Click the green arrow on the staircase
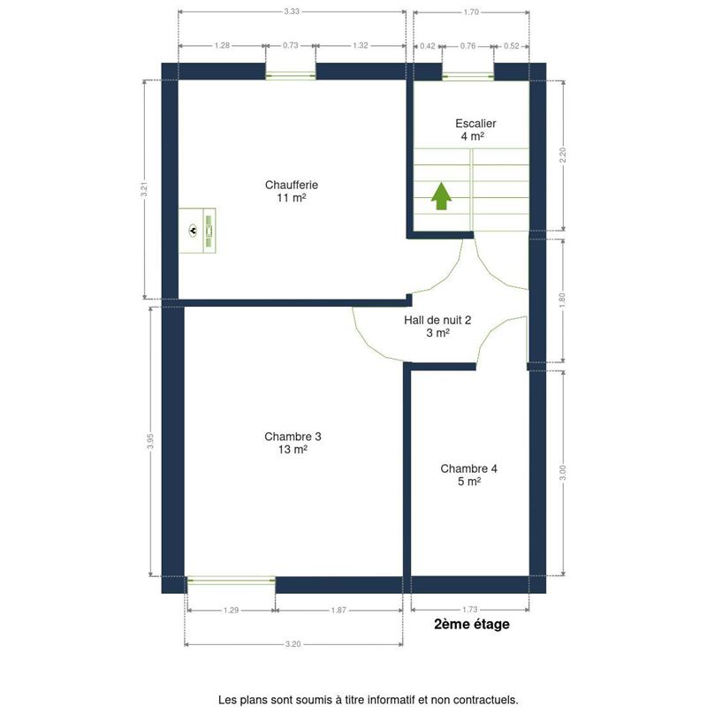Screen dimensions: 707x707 pos(441,195)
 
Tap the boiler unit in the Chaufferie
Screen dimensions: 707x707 pos(197,231)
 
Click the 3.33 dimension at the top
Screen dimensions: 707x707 pos(292,11)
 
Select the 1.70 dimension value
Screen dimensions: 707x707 pos(471,11)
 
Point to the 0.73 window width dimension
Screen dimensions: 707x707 pos(291,45)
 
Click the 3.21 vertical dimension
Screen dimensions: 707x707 pos(144,189)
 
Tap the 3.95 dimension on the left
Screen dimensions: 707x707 pos(150,441)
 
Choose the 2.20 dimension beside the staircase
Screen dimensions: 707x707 pos(562,156)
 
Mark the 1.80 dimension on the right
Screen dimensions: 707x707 pos(562,300)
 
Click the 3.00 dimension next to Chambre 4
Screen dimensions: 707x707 pos(562,473)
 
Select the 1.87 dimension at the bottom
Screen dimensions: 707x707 pos(338,610)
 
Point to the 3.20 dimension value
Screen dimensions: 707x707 pos(293,644)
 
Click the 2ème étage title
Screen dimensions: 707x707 pos(472,624)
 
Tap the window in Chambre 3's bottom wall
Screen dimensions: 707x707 pos(231,581)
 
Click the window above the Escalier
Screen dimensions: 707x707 pos(468,77)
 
